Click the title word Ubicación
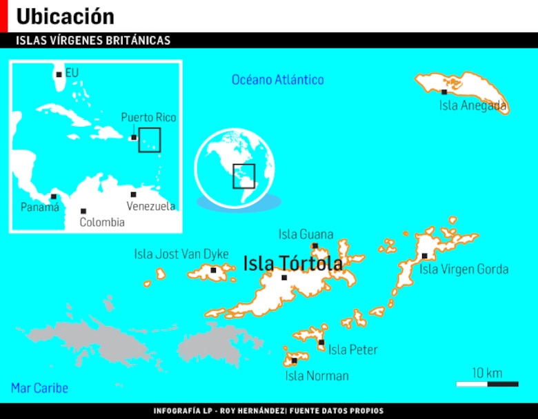(x=65, y=16)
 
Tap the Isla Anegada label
(x=473, y=106)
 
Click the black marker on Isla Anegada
(x=444, y=92)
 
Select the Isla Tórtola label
(x=292, y=263)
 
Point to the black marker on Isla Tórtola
(x=284, y=278)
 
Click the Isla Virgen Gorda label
(x=464, y=269)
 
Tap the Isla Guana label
(x=306, y=234)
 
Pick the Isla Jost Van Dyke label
(x=181, y=254)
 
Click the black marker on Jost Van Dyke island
(x=214, y=270)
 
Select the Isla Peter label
(x=352, y=350)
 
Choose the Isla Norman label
(x=317, y=376)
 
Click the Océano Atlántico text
(x=277, y=80)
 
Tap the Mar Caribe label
(x=39, y=388)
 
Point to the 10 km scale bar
(x=487, y=383)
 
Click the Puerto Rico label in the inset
(x=148, y=118)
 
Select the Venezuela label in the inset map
(x=150, y=206)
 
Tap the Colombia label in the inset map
(x=102, y=222)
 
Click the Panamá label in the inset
(x=39, y=207)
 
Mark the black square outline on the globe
(x=243, y=176)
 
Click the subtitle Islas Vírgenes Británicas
(x=93, y=41)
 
